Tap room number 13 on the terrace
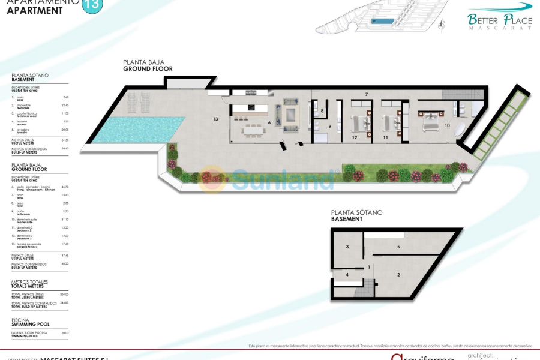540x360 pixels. pos(215,119)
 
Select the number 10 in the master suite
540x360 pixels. pos(447,125)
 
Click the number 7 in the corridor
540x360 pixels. pos(366,95)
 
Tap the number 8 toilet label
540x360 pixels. pos(322,111)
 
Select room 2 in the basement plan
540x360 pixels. pos(398,275)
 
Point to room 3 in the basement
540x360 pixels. pos(347,247)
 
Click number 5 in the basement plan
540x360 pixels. pos(398,247)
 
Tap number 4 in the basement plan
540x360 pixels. pos(347,275)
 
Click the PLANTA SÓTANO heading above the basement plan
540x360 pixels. pos(356,212)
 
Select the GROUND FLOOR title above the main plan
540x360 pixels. pos(148,69)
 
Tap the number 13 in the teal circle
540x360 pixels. pos(92,5)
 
